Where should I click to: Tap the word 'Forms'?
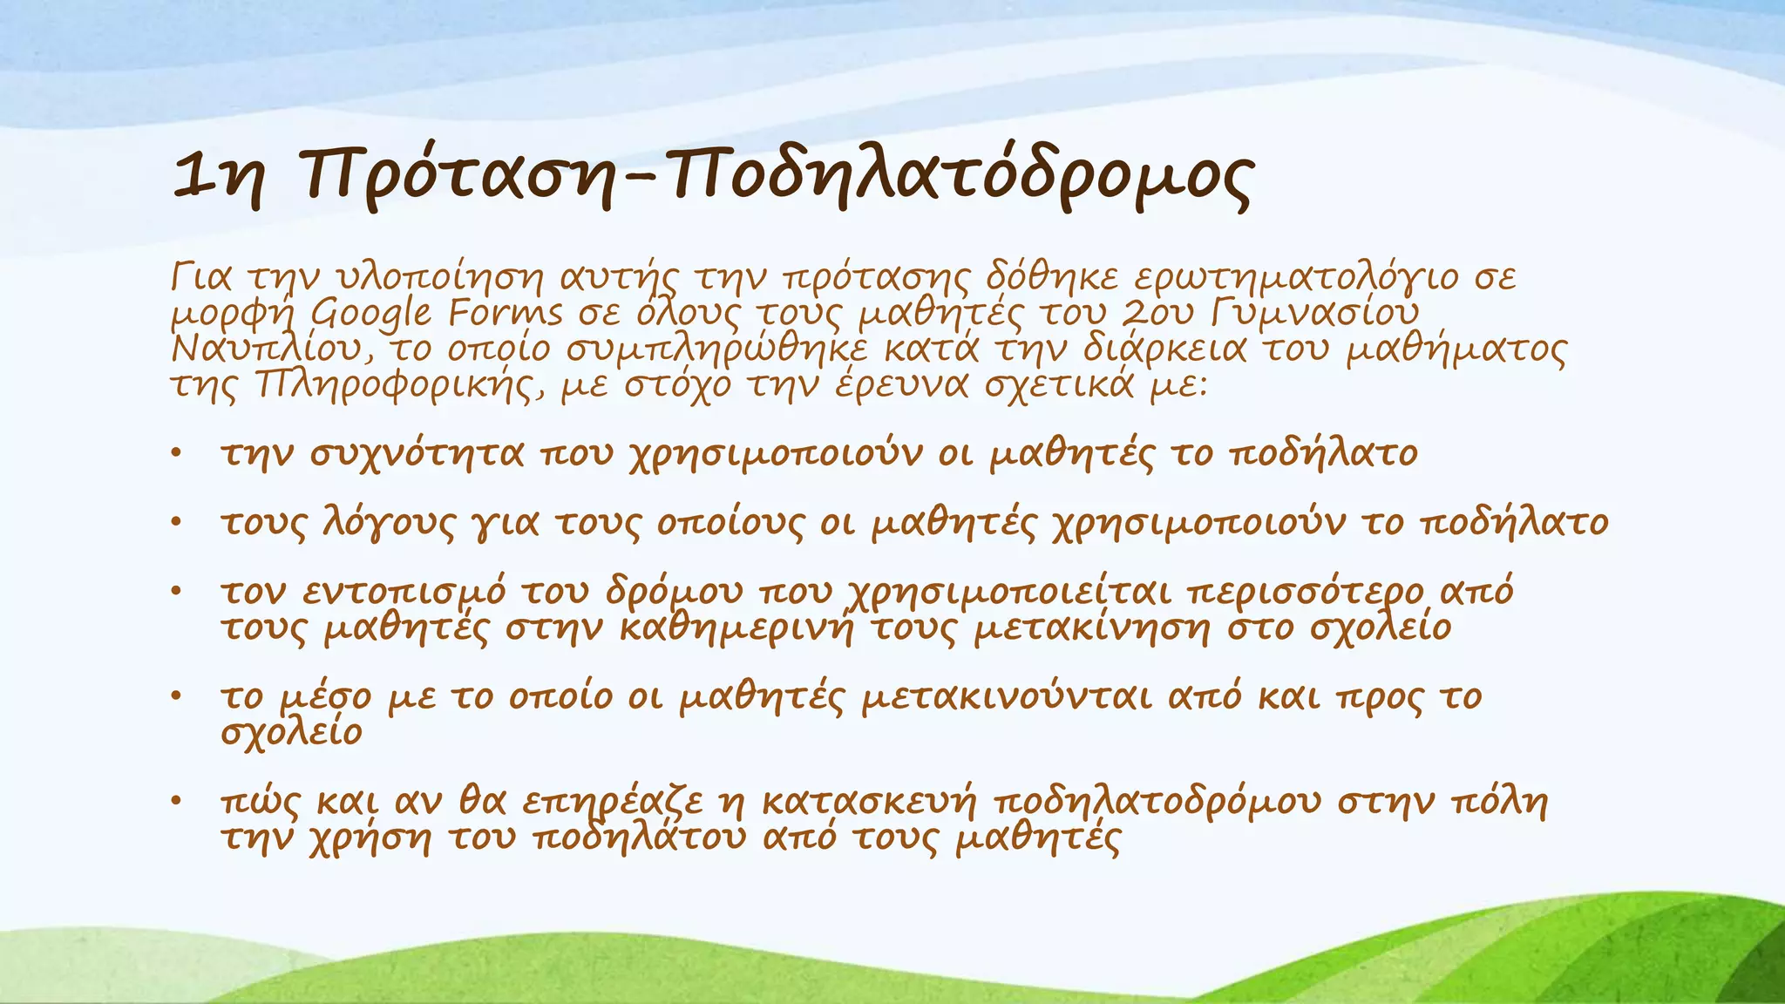pyautogui.click(x=506, y=313)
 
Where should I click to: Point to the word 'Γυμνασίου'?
pyautogui.click(x=1315, y=313)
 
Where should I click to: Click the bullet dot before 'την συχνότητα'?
pyautogui.click(x=176, y=452)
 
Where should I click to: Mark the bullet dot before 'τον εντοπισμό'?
pyautogui.click(x=176, y=591)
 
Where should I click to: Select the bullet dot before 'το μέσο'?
pyautogui.click(x=176, y=695)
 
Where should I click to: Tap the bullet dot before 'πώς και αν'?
pyautogui.click(x=176, y=800)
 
